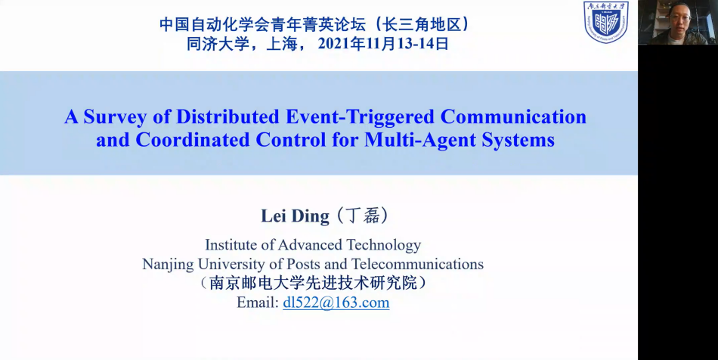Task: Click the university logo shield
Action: tap(605, 21)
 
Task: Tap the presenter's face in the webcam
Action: tap(679, 19)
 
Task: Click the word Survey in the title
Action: tap(116, 117)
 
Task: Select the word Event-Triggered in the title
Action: tap(360, 117)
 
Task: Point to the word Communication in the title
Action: tap(513, 116)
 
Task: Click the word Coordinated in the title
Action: tap(192, 140)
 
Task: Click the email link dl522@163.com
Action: tap(336, 303)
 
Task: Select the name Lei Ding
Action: tap(295, 216)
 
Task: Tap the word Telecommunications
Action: tap(418, 264)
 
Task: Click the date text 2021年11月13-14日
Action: tap(383, 44)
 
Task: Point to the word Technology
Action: tap(383, 245)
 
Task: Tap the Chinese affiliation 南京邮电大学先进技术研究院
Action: tap(313, 283)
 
